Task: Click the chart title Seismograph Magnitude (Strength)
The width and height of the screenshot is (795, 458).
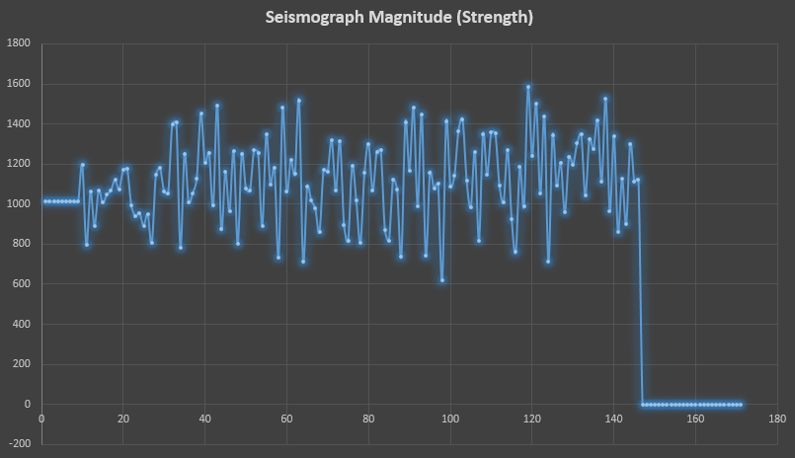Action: click(399, 18)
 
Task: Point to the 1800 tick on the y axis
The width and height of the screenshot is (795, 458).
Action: click(19, 43)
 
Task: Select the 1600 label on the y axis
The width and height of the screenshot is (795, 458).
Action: click(19, 84)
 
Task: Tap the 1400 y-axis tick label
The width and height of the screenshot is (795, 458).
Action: click(19, 124)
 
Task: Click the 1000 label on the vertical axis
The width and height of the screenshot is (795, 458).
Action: click(19, 204)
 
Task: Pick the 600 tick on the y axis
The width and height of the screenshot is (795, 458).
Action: click(22, 284)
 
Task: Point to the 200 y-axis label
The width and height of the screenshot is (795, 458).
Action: click(22, 364)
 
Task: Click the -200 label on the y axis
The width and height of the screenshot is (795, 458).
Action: click(20, 444)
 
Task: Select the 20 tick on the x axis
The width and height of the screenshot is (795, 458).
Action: click(123, 418)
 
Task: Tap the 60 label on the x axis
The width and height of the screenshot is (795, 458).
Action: click(287, 418)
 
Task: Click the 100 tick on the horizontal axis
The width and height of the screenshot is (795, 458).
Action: click(450, 418)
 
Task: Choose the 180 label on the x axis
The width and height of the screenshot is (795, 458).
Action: click(777, 418)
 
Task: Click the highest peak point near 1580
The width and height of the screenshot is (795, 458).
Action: click(528, 87)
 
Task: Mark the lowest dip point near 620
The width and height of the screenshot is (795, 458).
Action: click(442, 280)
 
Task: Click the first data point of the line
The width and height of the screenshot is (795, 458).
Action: click(45, 201)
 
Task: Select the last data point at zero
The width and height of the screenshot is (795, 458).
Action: click(741, 405)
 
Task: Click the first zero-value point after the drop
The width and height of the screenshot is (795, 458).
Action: click(643, 405)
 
